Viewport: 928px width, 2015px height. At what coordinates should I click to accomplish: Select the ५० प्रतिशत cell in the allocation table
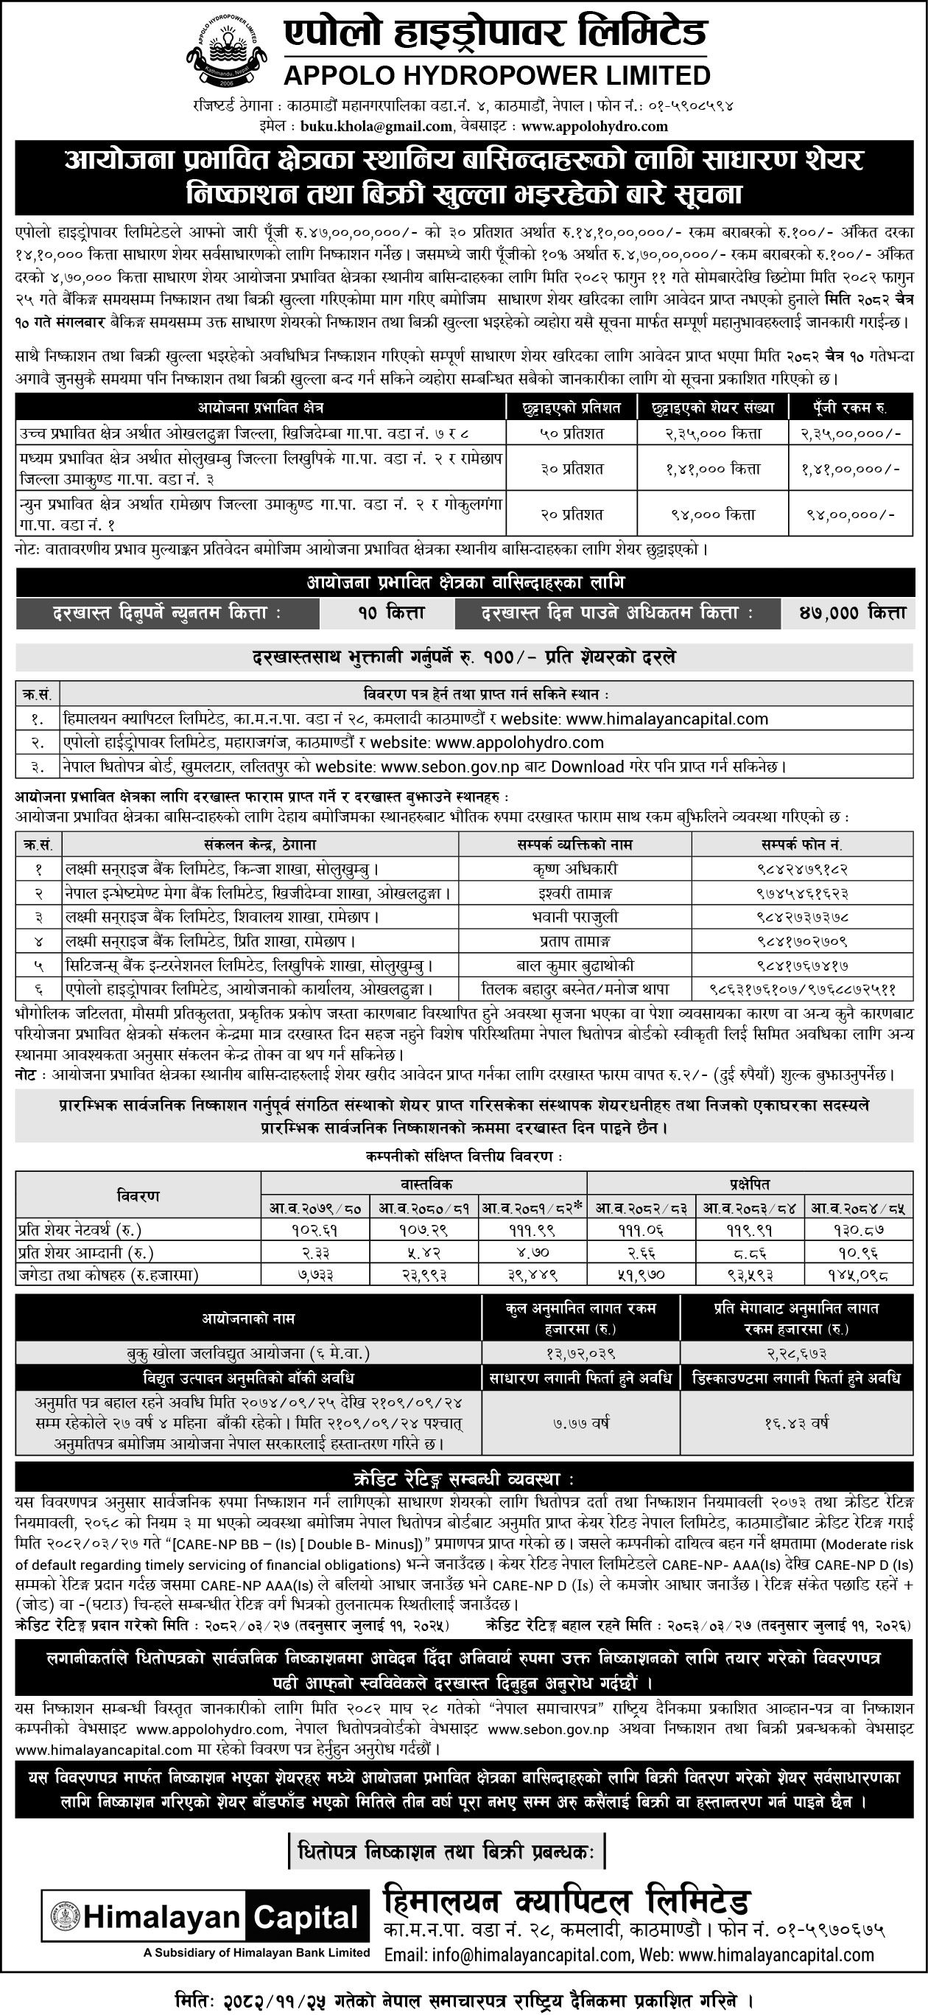pos(571,432)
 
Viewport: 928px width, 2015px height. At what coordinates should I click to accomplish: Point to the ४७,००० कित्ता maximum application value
pos(848,614)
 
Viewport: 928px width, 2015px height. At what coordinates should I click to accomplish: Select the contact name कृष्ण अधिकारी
pos(574,869)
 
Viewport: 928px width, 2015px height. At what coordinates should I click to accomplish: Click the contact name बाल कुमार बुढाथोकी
pos(574,966)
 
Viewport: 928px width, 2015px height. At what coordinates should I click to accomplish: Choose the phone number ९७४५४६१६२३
pos(801,893)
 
